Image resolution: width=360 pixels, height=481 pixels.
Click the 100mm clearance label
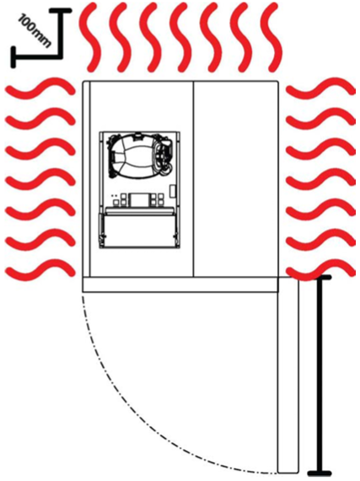coord(34,31)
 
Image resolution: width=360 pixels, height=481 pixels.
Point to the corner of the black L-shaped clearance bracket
coord(61,57)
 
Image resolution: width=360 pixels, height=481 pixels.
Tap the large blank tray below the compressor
coord(139,230)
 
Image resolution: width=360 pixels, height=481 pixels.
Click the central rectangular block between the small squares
coord(139,200)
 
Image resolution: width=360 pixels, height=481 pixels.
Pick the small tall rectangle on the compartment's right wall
coord(173,191)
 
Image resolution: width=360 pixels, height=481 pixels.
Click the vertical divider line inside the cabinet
coord(194,179)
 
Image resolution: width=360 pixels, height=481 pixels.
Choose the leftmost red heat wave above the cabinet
coord(90,38)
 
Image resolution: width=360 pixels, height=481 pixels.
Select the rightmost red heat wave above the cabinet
coord(271,38)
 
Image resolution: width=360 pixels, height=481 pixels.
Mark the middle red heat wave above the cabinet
coord(180,38)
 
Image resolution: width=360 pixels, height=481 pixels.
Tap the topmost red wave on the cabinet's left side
coord(40,89)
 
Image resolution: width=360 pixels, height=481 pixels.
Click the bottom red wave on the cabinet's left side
coord(40,270)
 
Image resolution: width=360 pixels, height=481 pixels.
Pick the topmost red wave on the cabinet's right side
coord(320,89)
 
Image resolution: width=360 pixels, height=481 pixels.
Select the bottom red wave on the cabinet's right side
coord(320,270)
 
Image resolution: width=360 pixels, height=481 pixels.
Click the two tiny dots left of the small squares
coord(115,196)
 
